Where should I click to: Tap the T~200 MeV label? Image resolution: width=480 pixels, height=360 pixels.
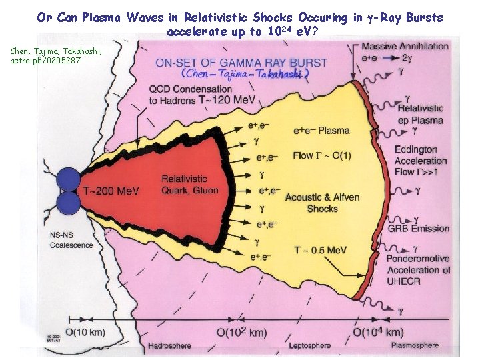[x=111, y=191]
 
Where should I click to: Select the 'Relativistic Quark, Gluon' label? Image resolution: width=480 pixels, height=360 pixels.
[x=184, y=183]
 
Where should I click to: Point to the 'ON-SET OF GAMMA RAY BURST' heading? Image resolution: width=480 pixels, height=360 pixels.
[x=241, y=63]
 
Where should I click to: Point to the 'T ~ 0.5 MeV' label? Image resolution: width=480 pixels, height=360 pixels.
[x=321, y=250]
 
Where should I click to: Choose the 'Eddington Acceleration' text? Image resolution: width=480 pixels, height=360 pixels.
[x=420, y=155]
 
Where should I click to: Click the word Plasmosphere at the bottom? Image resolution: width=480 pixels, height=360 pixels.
[x=415, y=345]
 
